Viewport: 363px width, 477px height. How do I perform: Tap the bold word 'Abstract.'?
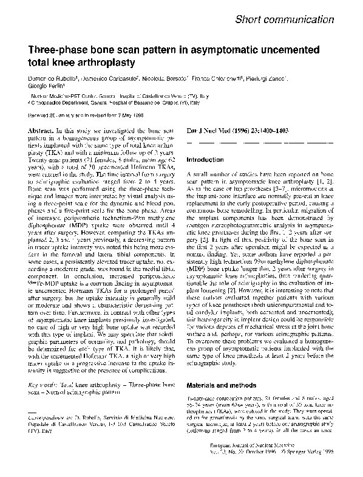click(44, 131)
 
